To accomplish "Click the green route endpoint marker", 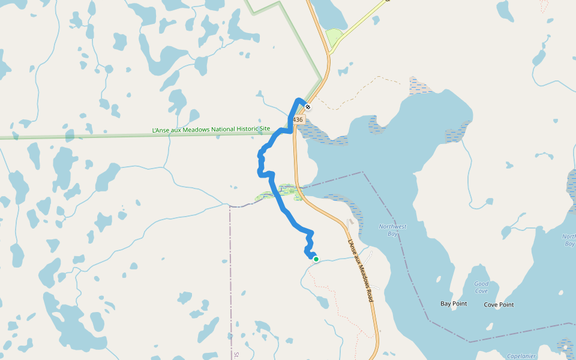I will pos(316,259).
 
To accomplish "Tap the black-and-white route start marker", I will pos(308,107).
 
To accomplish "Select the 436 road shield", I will pos(298,120).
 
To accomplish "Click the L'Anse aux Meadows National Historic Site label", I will pos(211,129).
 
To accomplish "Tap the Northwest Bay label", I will pos(392,230).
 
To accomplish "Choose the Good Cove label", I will pos(481,287).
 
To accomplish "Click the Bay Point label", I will pos(454,304).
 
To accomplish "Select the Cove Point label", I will pos(499,304).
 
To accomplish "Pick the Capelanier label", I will pos(521,356).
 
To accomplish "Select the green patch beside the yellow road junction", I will pos(334,38).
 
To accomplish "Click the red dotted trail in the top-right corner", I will pos(545,6).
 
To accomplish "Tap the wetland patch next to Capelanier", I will pos(565,346).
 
